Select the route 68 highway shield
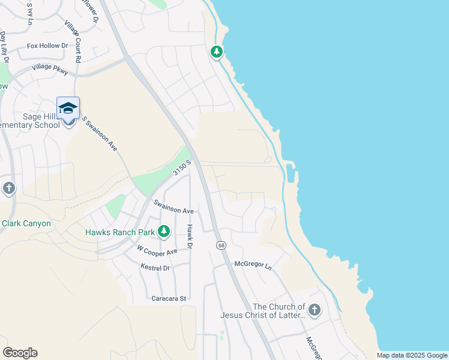point(221,246)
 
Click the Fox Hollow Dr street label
point(48,46)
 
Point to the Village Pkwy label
point(50,69)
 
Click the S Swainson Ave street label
point(99,134)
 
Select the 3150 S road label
point(182,167)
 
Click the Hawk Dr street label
point(189,237)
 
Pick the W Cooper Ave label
point(157,249)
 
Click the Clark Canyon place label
point(26,223)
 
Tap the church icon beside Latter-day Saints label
point(314,310)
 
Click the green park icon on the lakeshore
point(217,52)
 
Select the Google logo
point(20,353)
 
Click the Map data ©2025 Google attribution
point(412,355)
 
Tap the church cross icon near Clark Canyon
point(8,188)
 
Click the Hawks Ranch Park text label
point(120,232)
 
